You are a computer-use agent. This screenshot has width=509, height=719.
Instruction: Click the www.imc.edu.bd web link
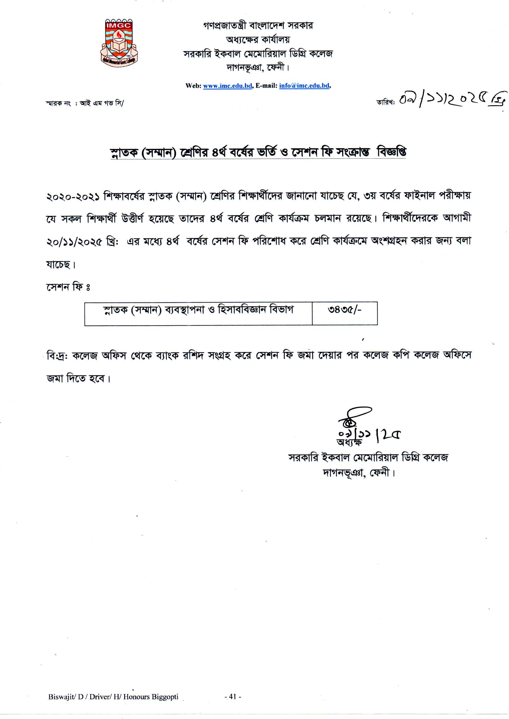tap(227, 85)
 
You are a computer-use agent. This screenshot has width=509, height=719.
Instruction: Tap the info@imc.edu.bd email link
tap(304, 85)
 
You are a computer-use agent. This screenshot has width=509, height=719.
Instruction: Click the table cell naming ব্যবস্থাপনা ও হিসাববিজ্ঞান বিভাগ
tap(198, 310)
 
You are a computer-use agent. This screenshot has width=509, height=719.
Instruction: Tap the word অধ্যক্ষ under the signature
tap(349, 442)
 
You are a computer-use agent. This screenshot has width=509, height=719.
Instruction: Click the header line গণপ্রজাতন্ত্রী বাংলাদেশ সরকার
tap(258, 25)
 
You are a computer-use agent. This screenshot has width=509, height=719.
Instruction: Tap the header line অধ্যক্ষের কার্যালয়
tap(258, 40)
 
